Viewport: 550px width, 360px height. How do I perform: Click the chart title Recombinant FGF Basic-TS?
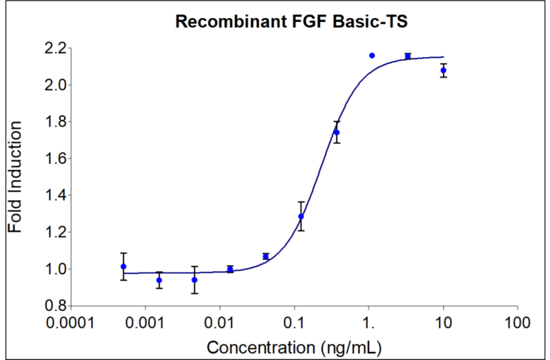click(x=292, y=22)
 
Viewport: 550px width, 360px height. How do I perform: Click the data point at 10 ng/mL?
click(x=443, y=70)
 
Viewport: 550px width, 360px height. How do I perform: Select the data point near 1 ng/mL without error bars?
click(x=371, y=55)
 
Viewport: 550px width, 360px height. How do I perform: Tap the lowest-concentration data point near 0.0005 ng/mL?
click(x=124, y=267)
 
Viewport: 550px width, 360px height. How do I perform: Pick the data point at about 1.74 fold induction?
click(x=336, y=132)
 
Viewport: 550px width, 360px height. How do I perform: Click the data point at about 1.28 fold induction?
click(x=301, y=216)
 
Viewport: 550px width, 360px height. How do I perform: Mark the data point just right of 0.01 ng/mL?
click(x=230, y=269)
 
